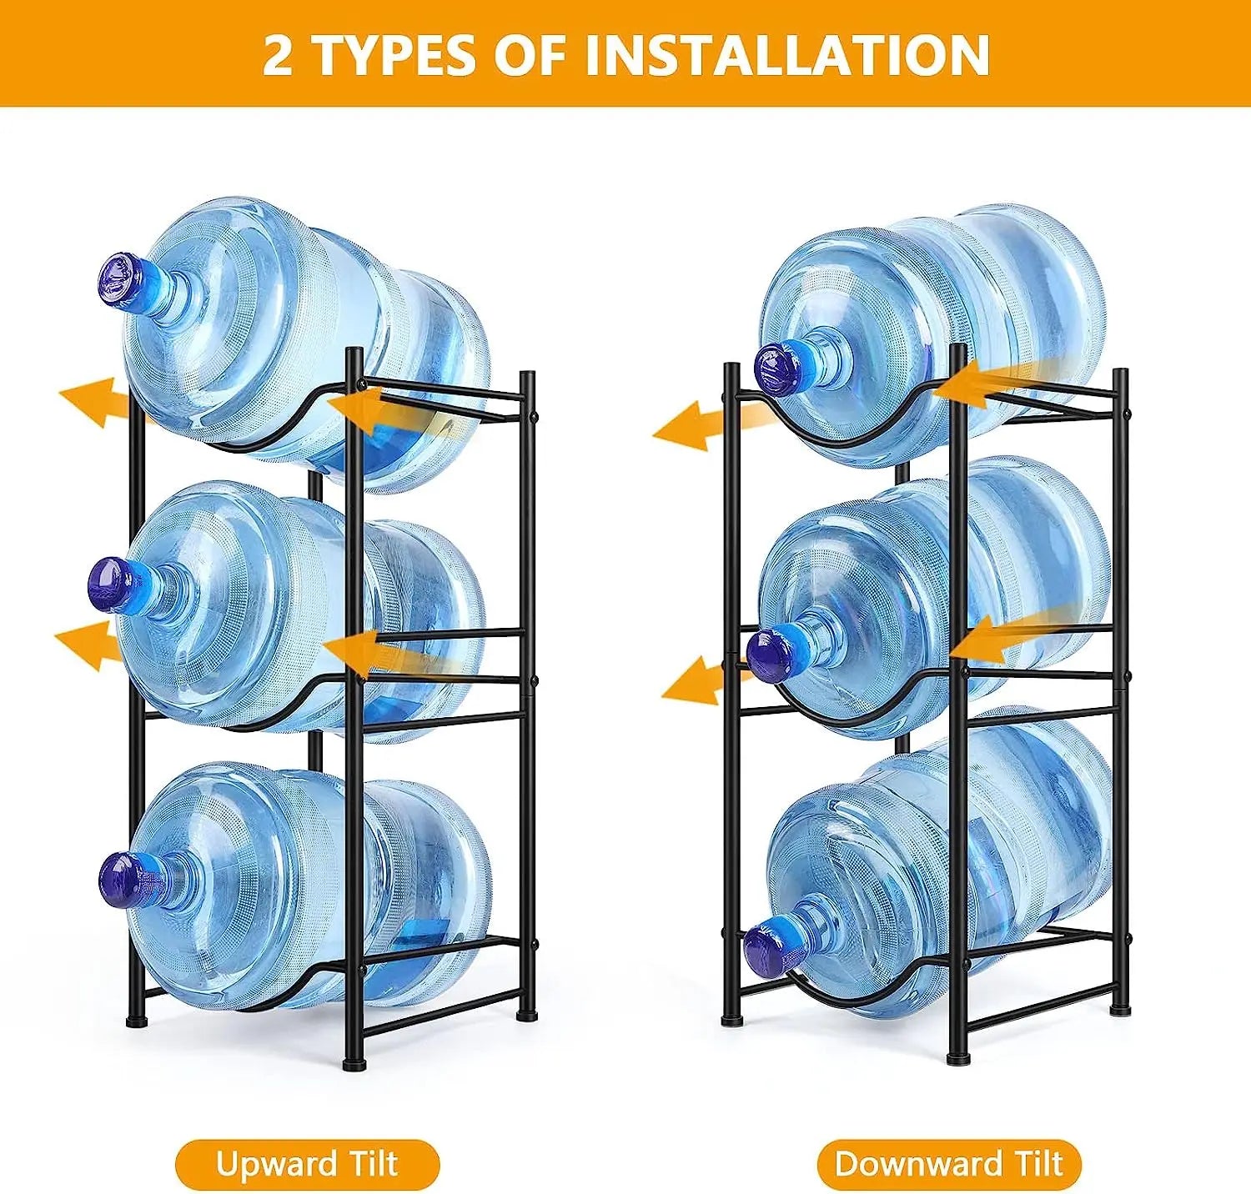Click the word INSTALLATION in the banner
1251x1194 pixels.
[x=786, y=55]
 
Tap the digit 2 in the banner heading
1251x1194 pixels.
[x=278, y=55]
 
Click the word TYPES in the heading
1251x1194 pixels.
[x=394, y=55]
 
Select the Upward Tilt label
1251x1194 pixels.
[x=307, y=1164]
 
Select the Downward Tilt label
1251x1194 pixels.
[x=949, y=1164]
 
